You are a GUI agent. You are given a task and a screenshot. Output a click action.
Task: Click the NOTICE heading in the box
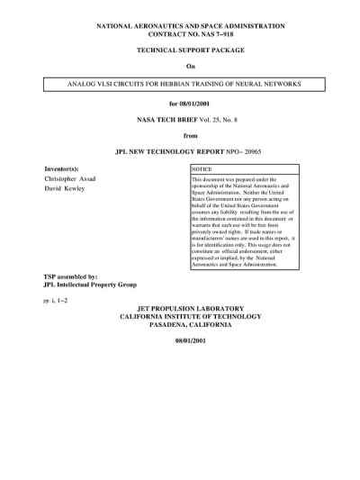202,169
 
